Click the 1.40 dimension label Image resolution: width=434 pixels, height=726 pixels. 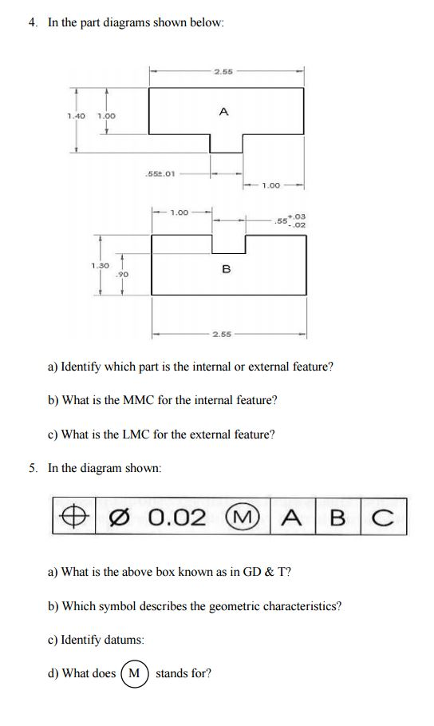[76, 117]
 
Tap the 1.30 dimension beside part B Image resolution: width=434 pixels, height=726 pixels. [99, 266]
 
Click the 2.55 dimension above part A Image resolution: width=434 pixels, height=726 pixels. [223, 73]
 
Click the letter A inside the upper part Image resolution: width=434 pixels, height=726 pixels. [223, 112]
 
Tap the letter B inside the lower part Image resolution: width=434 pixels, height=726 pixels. [226, 270]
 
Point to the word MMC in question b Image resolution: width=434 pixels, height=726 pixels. [137, 400]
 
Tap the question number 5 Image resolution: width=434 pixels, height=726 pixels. [33, 468]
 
